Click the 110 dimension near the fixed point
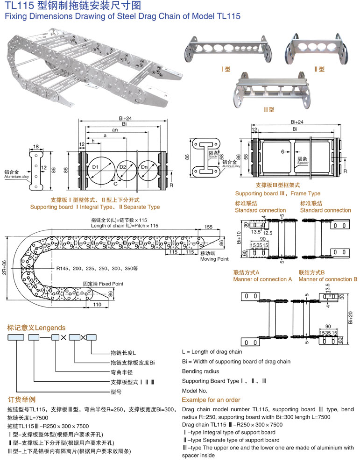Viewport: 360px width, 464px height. (x=97, y=305)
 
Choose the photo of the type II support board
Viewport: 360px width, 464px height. (x=318, y=48)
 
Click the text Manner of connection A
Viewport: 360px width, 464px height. (x=262, y=279)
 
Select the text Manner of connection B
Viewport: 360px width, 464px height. (x=328, y=279)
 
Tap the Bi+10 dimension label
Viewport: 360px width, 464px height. (x=239, y=237)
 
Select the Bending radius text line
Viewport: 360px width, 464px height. (x=200, y=371)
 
